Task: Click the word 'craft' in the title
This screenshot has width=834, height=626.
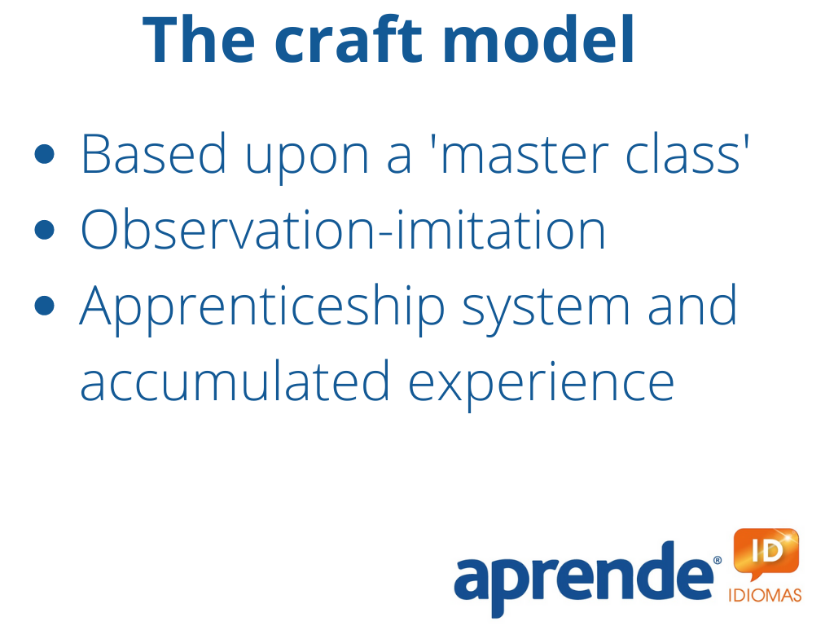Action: (349, 40)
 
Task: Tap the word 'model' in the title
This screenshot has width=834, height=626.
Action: (538, 40)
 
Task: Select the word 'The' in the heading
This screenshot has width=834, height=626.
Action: (199, 40)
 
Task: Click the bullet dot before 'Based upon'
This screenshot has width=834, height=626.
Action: (44, 154)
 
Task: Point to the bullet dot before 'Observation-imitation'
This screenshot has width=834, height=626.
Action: (44, 230)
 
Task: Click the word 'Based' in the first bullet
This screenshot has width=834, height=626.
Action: (154, 153)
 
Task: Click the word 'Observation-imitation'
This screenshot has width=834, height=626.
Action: (343, 229)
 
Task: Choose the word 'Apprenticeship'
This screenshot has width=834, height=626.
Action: (262, 309)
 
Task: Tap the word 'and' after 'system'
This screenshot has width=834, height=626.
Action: (692, 305)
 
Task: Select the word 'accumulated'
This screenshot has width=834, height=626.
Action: (235, 381)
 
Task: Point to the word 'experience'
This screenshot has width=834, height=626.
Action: (542, 386)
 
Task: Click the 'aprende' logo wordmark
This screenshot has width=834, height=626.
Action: (584, 580)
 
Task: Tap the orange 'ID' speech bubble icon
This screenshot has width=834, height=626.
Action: (766, 553)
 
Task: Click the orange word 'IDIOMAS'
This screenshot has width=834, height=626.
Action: (765, 595)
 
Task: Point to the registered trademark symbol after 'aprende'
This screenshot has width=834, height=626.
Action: (718, 560)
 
